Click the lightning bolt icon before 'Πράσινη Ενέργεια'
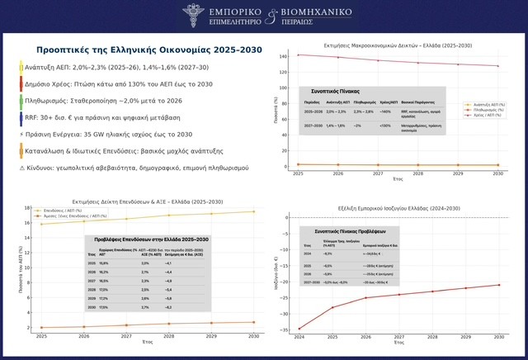click(21, 134)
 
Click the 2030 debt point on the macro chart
click(497, 66)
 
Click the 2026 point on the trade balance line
click(365, 298)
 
